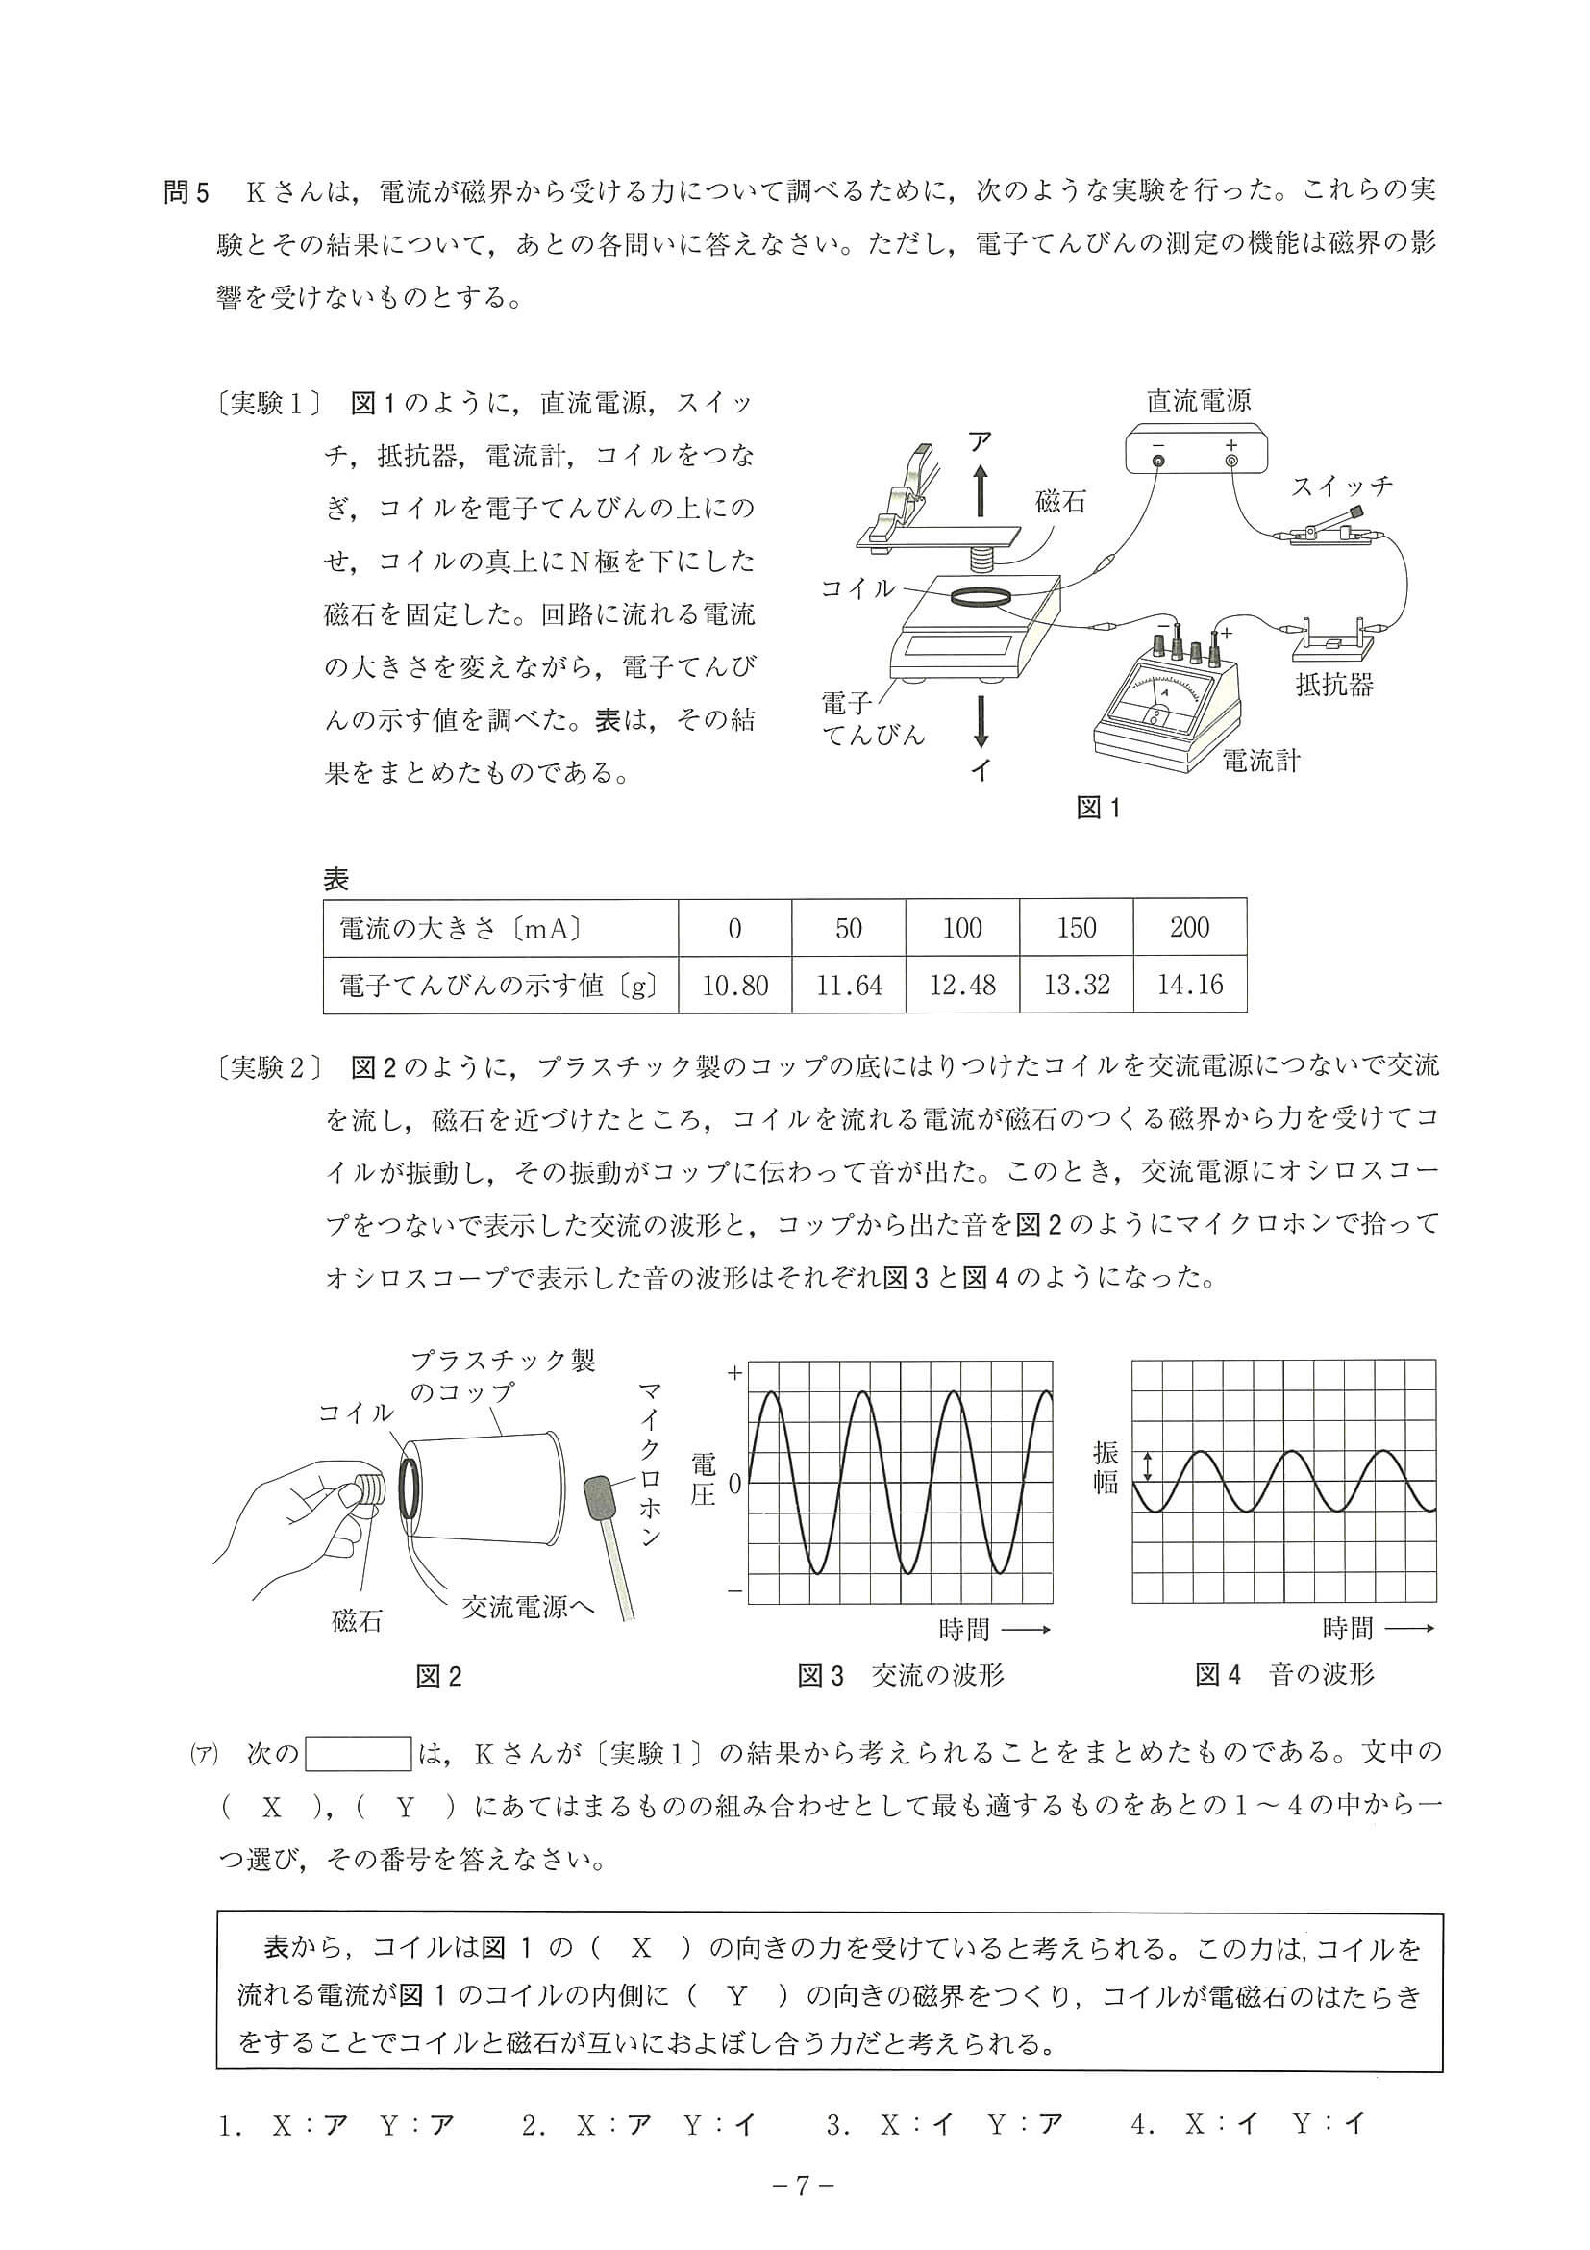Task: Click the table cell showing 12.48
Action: (962, 984)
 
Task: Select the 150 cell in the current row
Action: (1076, 927)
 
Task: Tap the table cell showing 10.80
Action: (734, 984)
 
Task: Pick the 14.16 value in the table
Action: (1189, 984)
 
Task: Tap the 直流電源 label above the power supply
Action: (1198, 401)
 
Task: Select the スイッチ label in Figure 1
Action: (1341, 487)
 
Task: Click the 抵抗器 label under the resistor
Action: (1334, 685)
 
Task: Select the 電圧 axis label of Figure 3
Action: (703, 1481)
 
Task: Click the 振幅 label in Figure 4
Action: (1106, 1467)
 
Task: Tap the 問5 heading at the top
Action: (187, 192)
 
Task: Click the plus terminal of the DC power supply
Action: (1231, 460)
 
